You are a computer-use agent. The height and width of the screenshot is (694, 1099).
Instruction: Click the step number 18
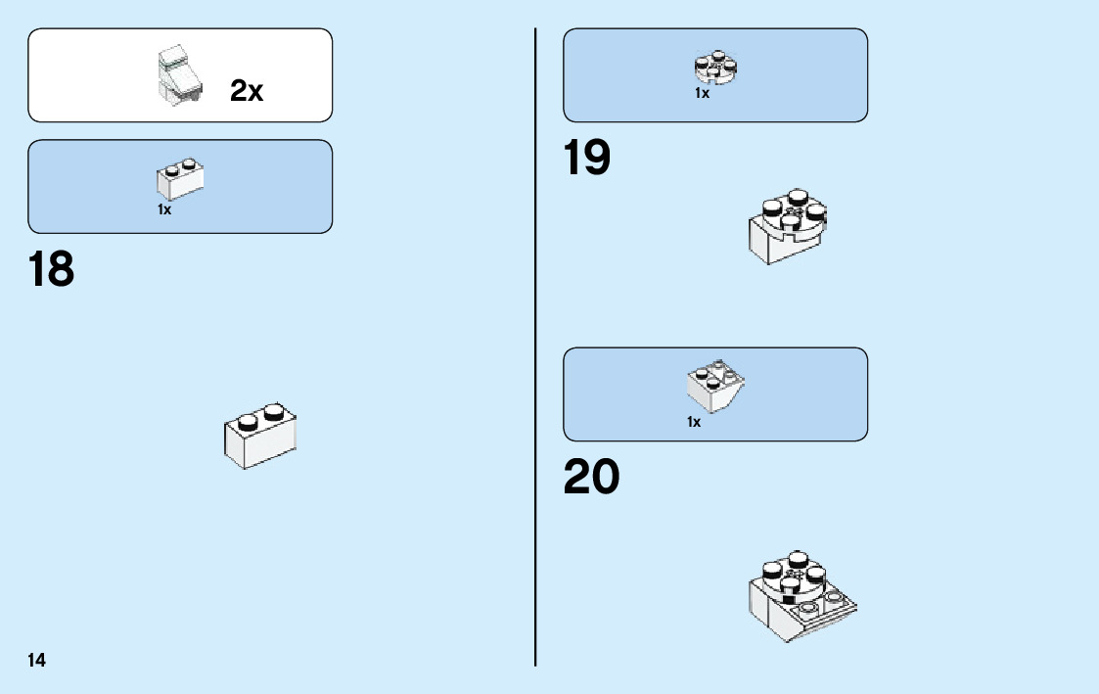point(52,269)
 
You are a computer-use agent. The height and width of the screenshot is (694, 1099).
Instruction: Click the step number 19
point(587,158)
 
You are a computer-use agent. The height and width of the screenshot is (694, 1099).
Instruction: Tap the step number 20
point(591,478)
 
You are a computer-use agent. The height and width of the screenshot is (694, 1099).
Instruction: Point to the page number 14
point(36,660)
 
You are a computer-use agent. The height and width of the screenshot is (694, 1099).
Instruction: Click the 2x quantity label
point(247,91)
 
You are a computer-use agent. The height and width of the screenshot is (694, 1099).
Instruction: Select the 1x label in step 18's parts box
point(164,209)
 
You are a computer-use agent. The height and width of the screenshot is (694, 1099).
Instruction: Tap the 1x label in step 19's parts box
point(702,94)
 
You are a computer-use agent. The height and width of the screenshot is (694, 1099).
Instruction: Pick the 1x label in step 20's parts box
point(694,422)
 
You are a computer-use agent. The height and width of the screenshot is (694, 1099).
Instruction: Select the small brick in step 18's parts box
point(179,179)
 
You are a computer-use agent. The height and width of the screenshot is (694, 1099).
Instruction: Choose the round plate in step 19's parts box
point(715,67)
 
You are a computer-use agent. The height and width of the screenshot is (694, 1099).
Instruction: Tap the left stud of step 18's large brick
point(249,423)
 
